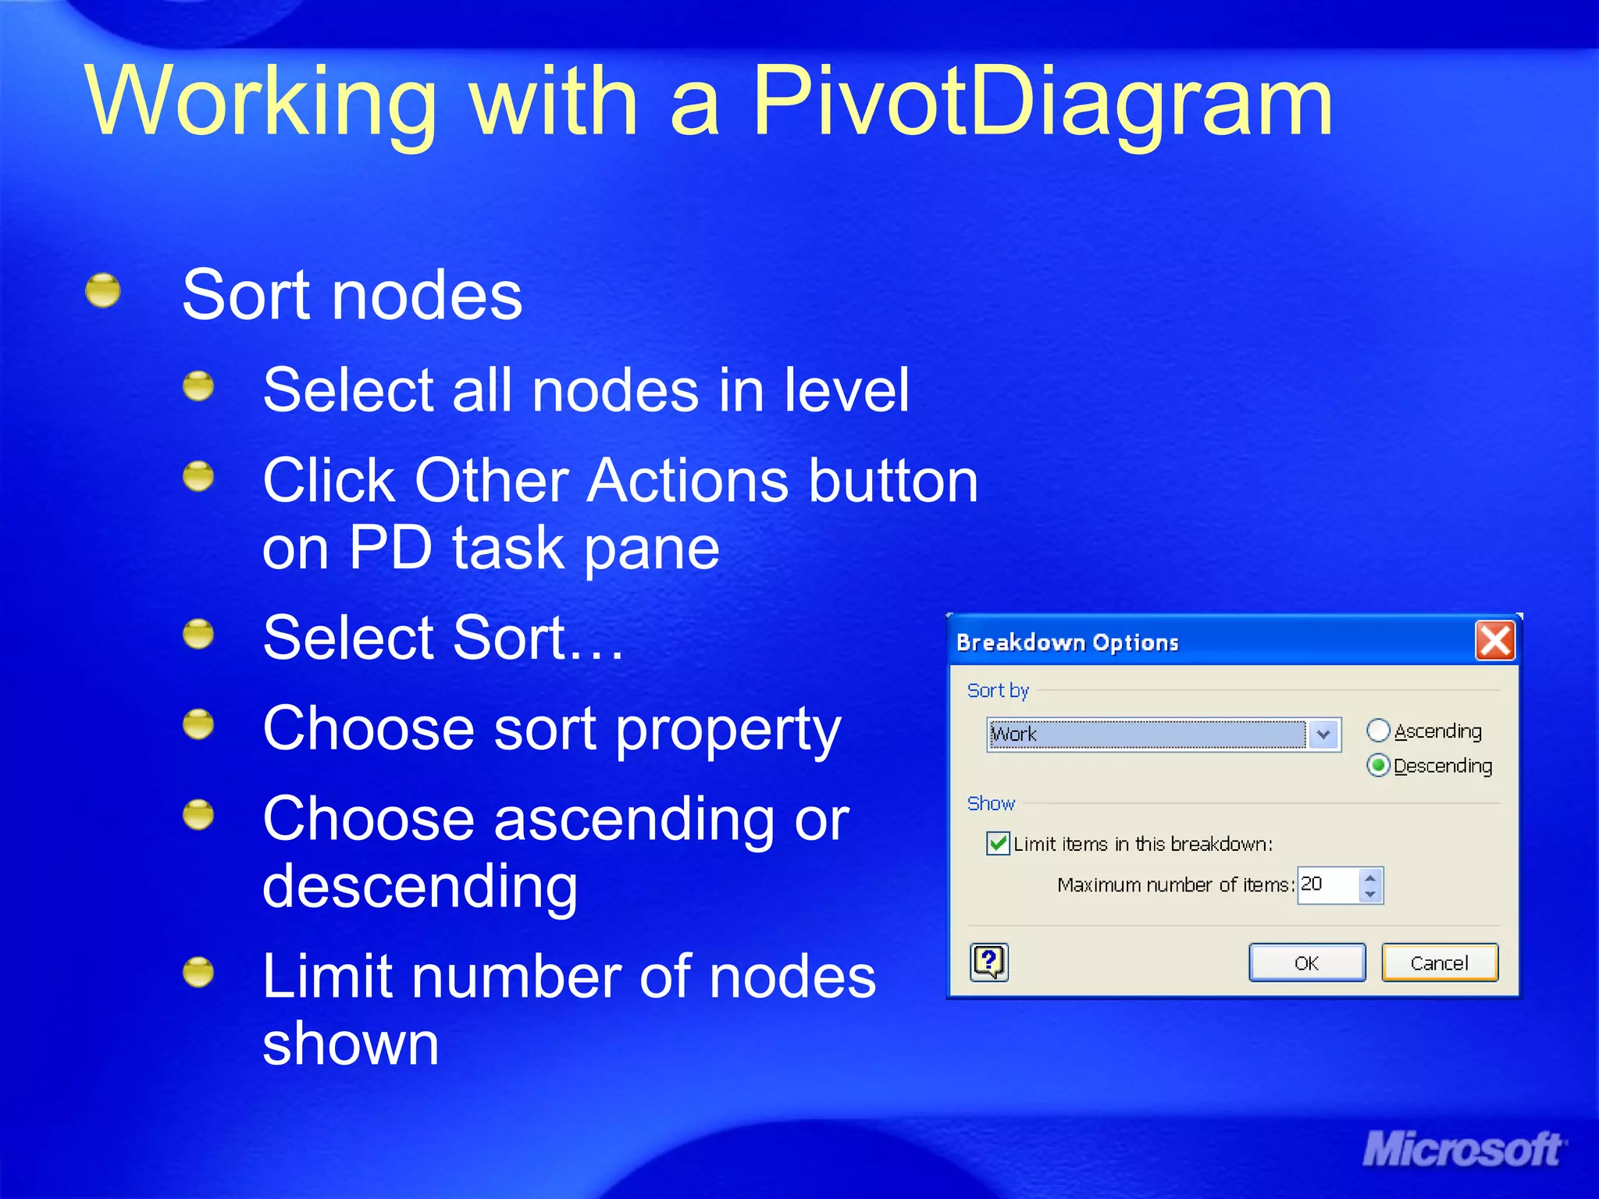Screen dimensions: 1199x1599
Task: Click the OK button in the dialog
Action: [x=1307, y=962]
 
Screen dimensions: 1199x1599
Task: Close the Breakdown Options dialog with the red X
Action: [x=1494, y=641]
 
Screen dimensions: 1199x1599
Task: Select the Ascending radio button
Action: [x=1378, y=731]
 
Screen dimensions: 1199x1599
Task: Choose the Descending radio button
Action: [x=1378, y=766]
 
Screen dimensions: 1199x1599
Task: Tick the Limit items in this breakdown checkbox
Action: [x=998, y=844]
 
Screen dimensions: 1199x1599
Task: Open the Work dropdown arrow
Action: [x=1323, y=735]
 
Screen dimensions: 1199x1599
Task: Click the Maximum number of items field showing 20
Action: [x=1328, y=885]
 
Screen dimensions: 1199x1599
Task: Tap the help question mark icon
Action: [x=989, y=962]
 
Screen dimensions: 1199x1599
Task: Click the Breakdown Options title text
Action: [x=1067, y=642]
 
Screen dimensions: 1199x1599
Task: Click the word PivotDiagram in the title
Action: [x=1042, y=101]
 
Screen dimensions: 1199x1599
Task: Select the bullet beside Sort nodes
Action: [x=103, y=291]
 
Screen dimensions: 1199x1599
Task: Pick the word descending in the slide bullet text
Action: [x=420, y=887]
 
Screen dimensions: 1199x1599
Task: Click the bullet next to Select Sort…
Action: [x=198, y=634]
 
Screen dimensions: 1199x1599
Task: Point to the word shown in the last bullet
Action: [x=351, y=1044]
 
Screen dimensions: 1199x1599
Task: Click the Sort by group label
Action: [x=998, y=690]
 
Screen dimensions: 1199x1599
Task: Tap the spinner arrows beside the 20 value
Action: [x=1370, y=885]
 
